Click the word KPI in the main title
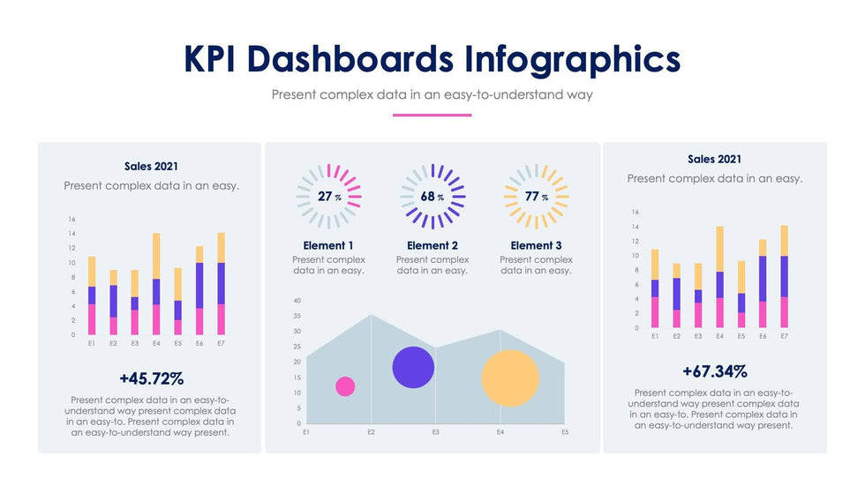point(212,59)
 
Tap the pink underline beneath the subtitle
point(432,115)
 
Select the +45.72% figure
point(152,379)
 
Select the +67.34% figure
point(714,371)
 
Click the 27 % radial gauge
point(329,197)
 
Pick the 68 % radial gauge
point(432,197)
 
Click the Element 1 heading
point(328,245)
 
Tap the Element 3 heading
point(536,245)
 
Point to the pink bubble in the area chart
point(345,386)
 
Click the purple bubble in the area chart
point(413,367)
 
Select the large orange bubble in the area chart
point(509,378)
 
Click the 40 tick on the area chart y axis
point(297,301)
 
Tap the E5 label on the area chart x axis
point(565,432)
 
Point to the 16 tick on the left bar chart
point(72,219)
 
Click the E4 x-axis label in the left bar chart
point(156,343)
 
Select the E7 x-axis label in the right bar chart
point(784,336)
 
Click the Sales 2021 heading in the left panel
point(151,166)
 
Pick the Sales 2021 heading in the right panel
point(714,159)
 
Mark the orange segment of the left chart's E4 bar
point(156,256)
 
